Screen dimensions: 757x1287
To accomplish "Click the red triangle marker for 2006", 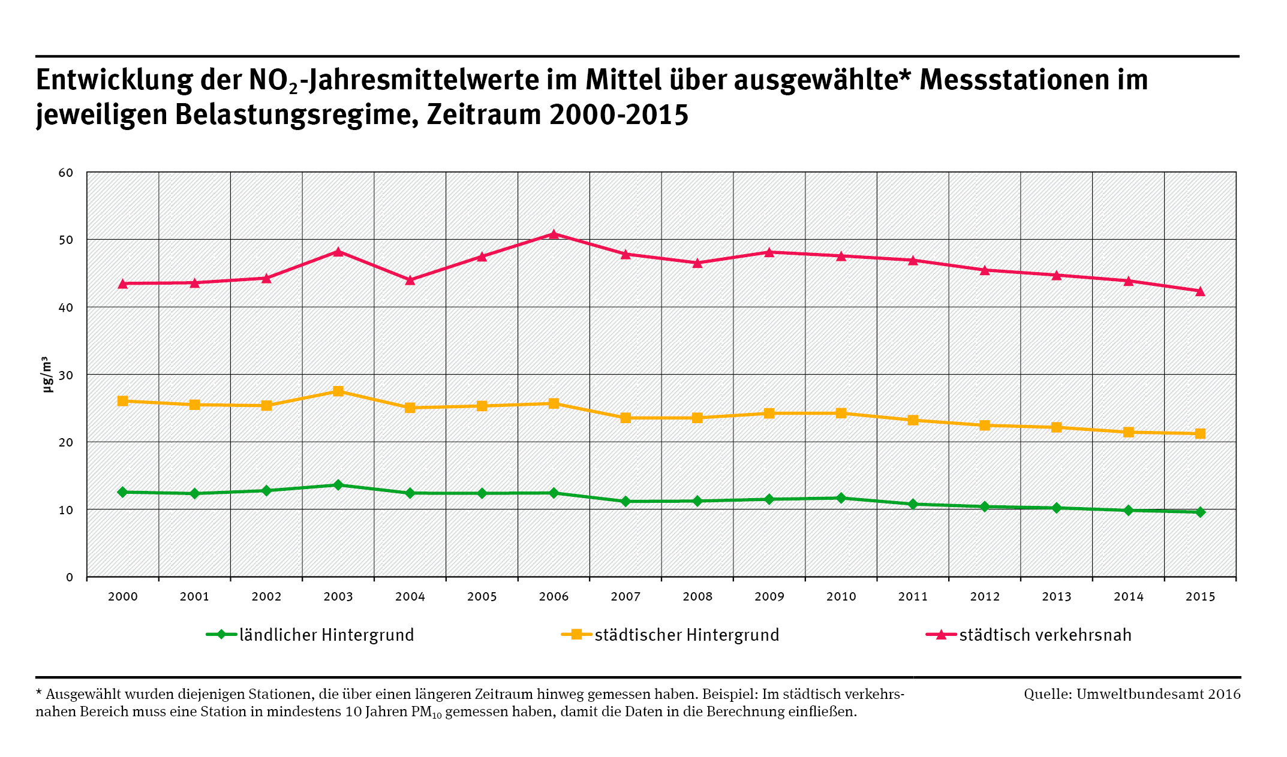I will (554, 234).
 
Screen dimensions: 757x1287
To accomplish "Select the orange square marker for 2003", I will (338, 391).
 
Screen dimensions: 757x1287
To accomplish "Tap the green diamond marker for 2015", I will (1200, 512).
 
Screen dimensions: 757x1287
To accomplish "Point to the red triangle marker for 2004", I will (410, 280).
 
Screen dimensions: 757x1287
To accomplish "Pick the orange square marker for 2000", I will (123, 401).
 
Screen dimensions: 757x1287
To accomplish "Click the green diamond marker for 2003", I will (338, 485).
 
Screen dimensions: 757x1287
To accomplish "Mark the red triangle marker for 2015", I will (1200, 291).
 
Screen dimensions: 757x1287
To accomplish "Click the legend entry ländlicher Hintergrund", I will (327, 635).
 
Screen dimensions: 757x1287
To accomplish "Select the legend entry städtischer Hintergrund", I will (687, 635).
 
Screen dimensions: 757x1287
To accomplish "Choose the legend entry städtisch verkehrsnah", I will (1045, 635).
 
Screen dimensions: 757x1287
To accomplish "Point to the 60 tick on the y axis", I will (66, 173).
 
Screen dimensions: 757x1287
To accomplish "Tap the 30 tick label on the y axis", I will (66, 375).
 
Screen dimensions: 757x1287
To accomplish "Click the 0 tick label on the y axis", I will (70, 577).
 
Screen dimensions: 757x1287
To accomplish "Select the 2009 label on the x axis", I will (769, 596).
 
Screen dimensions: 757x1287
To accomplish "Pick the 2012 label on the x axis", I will (985, 596).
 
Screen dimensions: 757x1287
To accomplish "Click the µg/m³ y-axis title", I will (47, 375).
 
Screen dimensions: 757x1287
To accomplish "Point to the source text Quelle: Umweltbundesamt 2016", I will (1132, 694).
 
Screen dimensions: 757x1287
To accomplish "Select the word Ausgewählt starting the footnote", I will (81, 694).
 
